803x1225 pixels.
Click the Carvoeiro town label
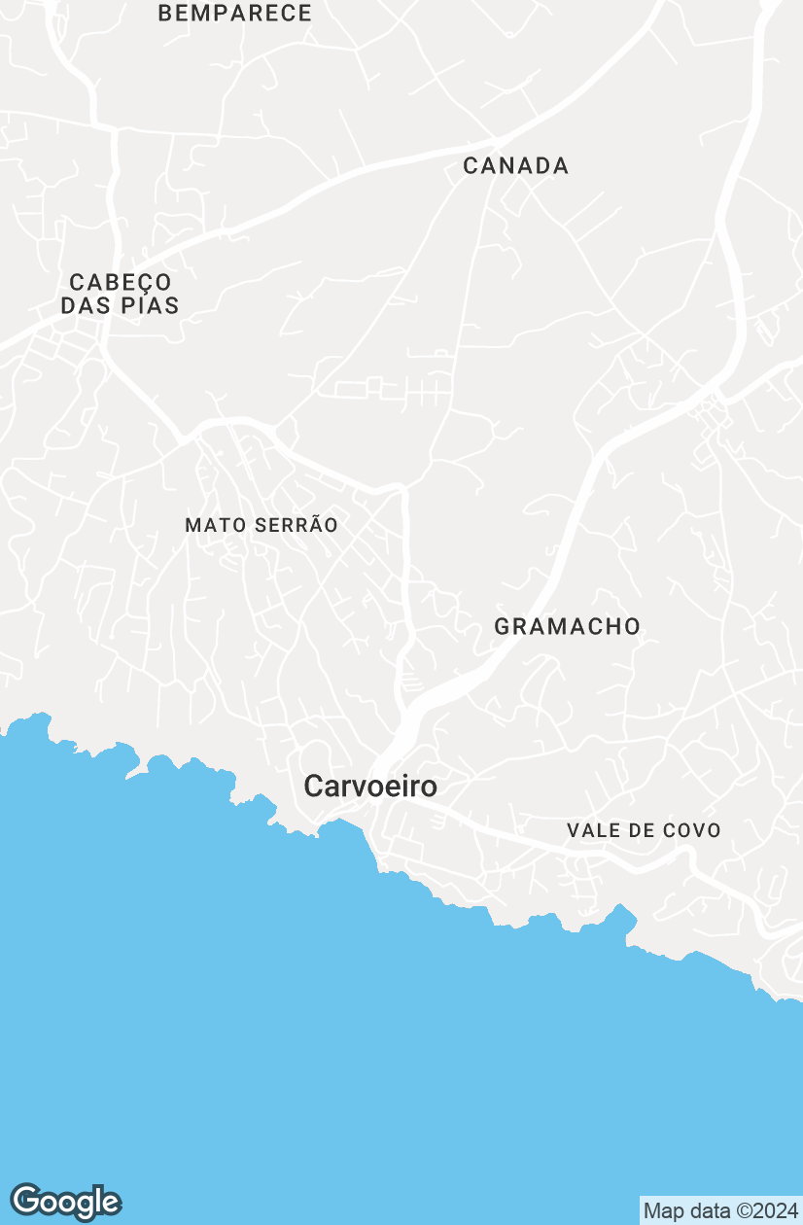(370, 786)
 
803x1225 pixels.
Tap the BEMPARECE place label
(235, 14)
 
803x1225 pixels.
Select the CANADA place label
(516, 166)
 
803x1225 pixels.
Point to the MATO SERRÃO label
(262, 525)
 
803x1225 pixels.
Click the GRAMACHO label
(568, 627)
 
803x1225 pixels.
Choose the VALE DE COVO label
(644, 830)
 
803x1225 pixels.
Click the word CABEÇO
(121, 283)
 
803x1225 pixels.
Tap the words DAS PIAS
(121, 305)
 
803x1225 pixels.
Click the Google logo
(66, 1202)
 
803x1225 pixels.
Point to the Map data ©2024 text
(719, 1211)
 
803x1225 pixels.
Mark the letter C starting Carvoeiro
(314, 786)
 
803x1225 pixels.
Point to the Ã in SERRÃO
(313, 524)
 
